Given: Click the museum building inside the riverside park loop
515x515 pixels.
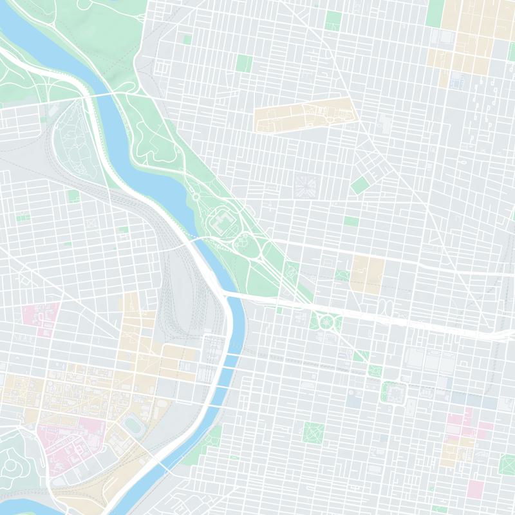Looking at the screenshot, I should click(222, 222).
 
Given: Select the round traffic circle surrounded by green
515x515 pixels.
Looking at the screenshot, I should click(327, 321).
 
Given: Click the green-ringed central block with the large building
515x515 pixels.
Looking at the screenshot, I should click(395, 391).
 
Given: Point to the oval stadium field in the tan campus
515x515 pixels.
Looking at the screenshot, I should click(135, 424).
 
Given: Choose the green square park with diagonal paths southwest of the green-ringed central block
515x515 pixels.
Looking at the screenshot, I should click(314, 432).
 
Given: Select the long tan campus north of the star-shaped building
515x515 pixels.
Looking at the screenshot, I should click(305, 116).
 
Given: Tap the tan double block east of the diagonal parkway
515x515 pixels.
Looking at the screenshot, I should click(367, 273).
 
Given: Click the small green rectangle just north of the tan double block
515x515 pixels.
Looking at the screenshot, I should click(351, 221).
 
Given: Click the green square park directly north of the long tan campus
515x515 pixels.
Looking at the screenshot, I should click(243, 63).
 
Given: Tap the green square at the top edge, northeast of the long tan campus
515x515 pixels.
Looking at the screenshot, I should click(333, 21).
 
